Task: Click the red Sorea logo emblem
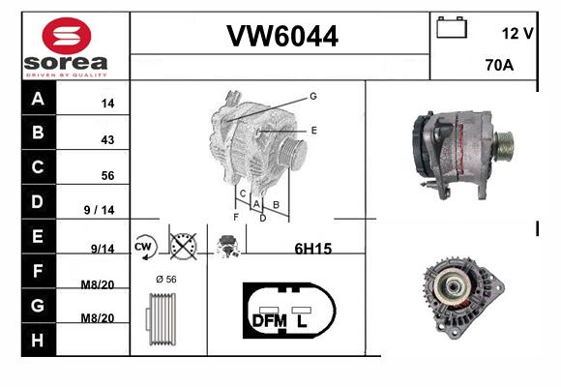point(67,36)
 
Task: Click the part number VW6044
point(282,36)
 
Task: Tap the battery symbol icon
point(452,27)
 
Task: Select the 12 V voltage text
point(517,34)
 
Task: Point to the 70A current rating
point(499,65)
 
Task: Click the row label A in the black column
point(38,99)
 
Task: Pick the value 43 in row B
point(107,139)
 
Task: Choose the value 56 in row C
point(107,175)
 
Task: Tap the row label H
point(38,341)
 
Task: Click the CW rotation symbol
point(144,247)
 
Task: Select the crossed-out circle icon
point(183,247)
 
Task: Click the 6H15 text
point(313,249)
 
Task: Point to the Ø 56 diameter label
point(166,280)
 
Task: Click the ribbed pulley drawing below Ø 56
point(161,319)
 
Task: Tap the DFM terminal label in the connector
point(270,321)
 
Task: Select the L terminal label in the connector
point(302,321)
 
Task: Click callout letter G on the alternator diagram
point(313,96)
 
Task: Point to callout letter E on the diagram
point(313,131)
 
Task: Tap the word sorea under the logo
point(66,63)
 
